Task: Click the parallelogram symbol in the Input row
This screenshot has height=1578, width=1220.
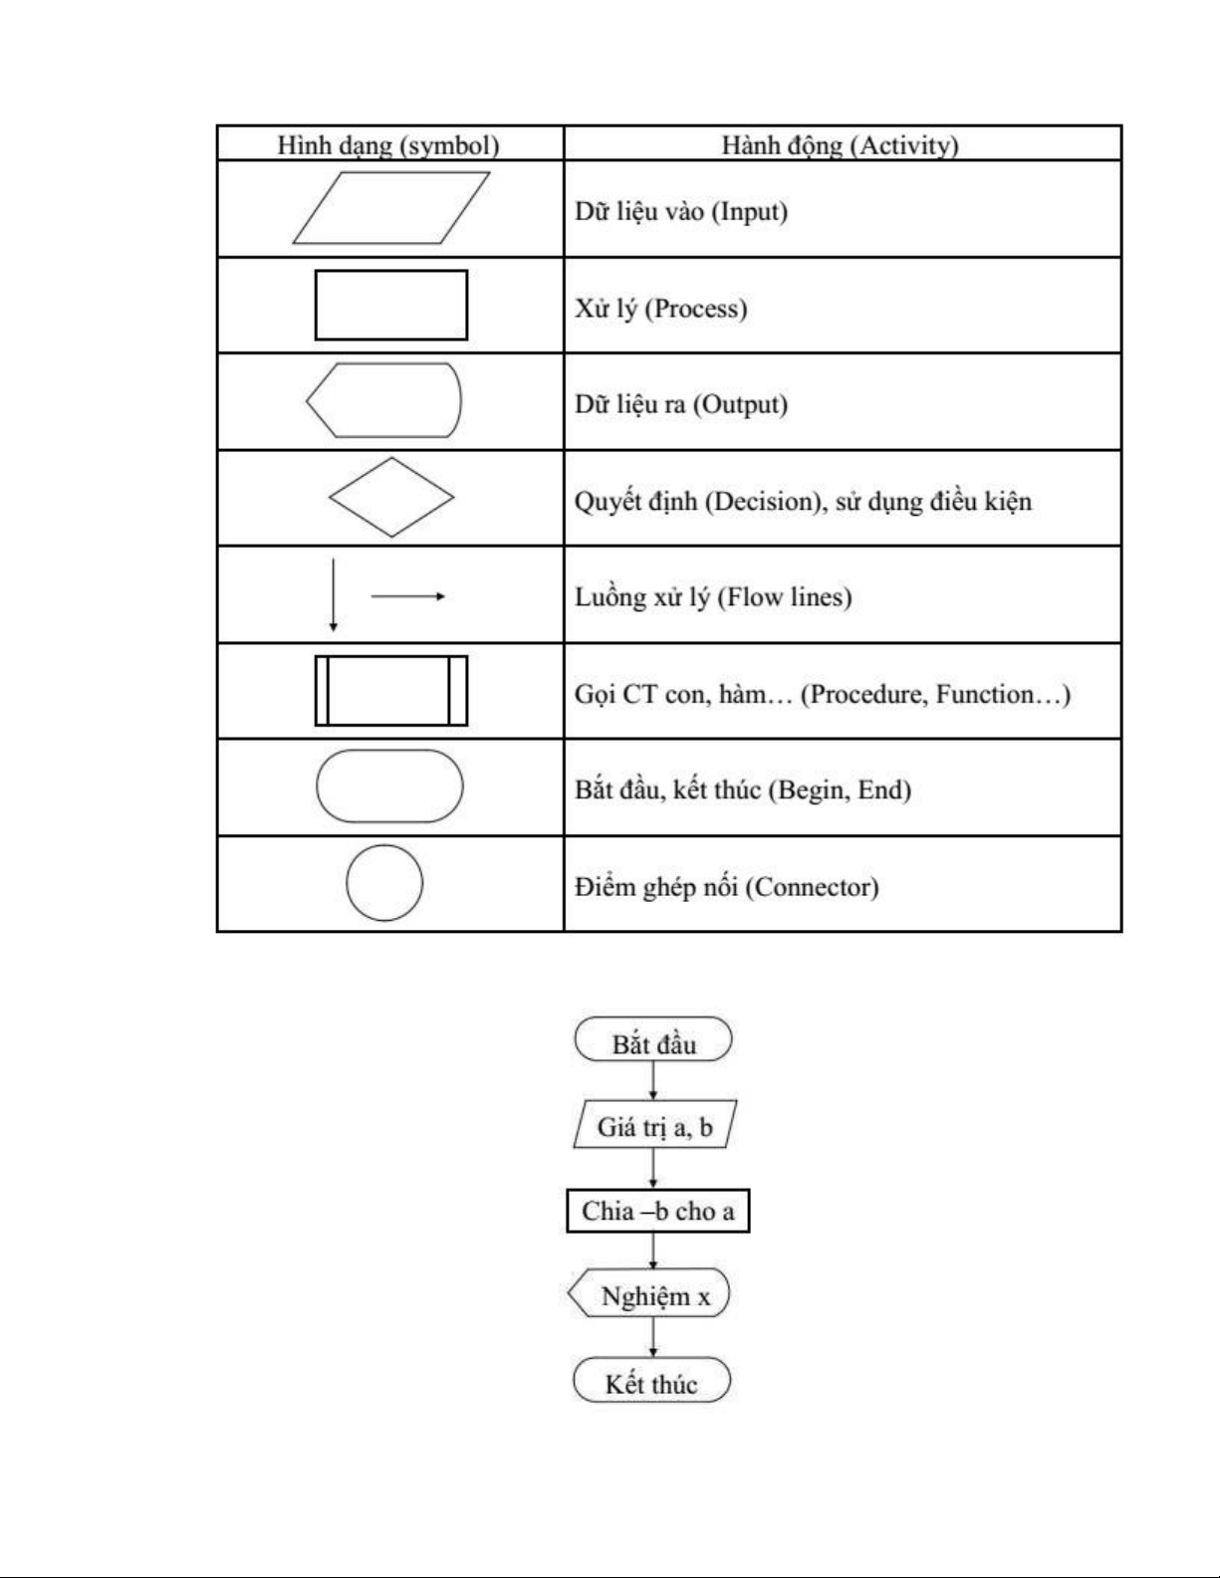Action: pos(390,208)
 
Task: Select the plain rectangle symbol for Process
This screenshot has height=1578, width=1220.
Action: pos(390,305)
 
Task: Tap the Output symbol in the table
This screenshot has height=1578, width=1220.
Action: pos(384,400)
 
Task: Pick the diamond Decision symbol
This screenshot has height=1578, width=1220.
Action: pos(391,498)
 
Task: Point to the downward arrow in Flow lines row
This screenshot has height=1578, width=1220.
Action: pos(334,594)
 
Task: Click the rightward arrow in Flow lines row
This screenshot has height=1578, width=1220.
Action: pos(408,596)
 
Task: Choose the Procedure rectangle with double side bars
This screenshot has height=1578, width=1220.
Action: pos(390,690)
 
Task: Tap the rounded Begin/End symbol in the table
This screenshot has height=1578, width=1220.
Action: pos(389,787)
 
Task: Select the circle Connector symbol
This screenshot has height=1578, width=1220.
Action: pos(384,883)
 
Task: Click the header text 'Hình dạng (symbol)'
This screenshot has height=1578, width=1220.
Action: pos(387,145)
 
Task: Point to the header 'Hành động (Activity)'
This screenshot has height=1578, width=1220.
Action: pos(840,145)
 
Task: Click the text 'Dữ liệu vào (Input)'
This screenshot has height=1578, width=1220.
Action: pos(681,211)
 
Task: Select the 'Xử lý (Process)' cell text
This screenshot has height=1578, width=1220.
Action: pos(660,308)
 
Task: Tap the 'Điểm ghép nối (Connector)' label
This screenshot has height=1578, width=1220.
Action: pos(726,886)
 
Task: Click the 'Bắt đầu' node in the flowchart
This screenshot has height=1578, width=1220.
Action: pos(653,1040)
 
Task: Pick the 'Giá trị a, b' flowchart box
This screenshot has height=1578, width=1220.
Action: pos(654,1125)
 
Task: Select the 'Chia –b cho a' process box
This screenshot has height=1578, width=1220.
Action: pos(657,1211)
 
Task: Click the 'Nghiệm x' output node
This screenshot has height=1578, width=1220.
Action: pos(651,1294)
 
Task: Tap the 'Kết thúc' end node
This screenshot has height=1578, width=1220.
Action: pos(651,1381)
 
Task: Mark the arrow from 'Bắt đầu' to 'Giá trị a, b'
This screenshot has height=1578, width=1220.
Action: pos(653,1080)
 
